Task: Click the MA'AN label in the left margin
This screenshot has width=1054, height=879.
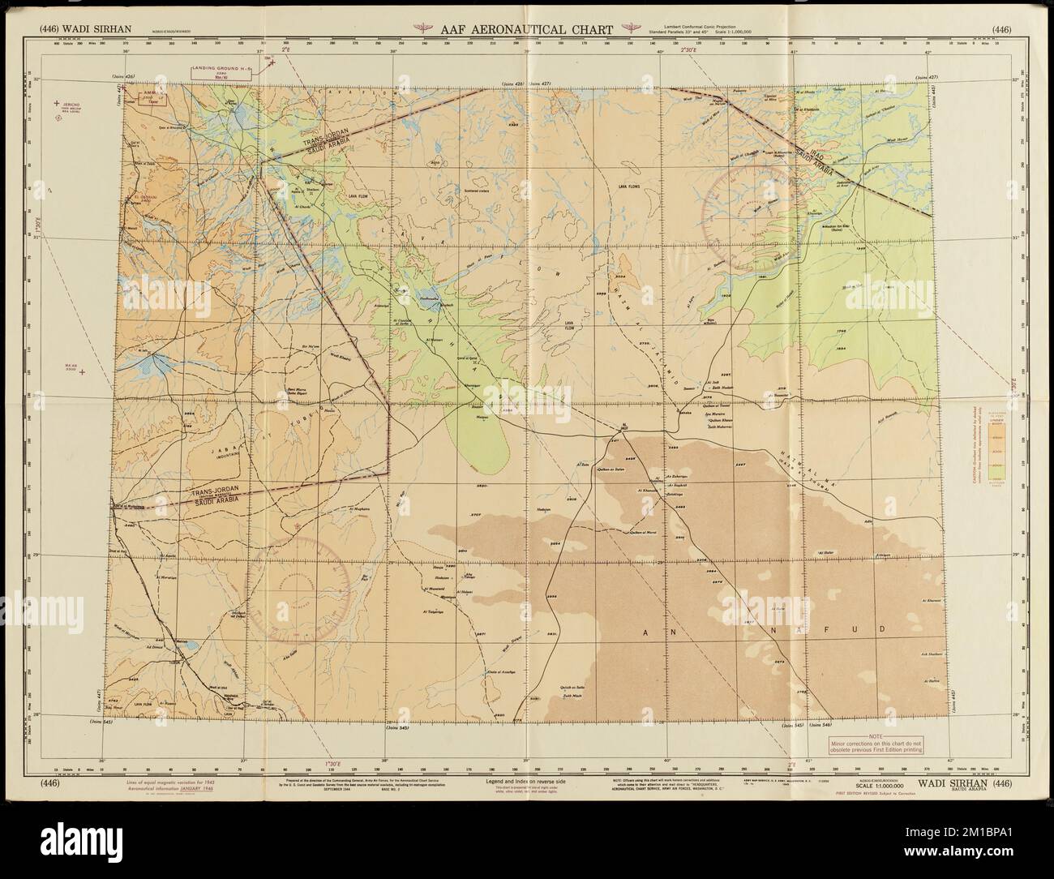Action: click(73, 367)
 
